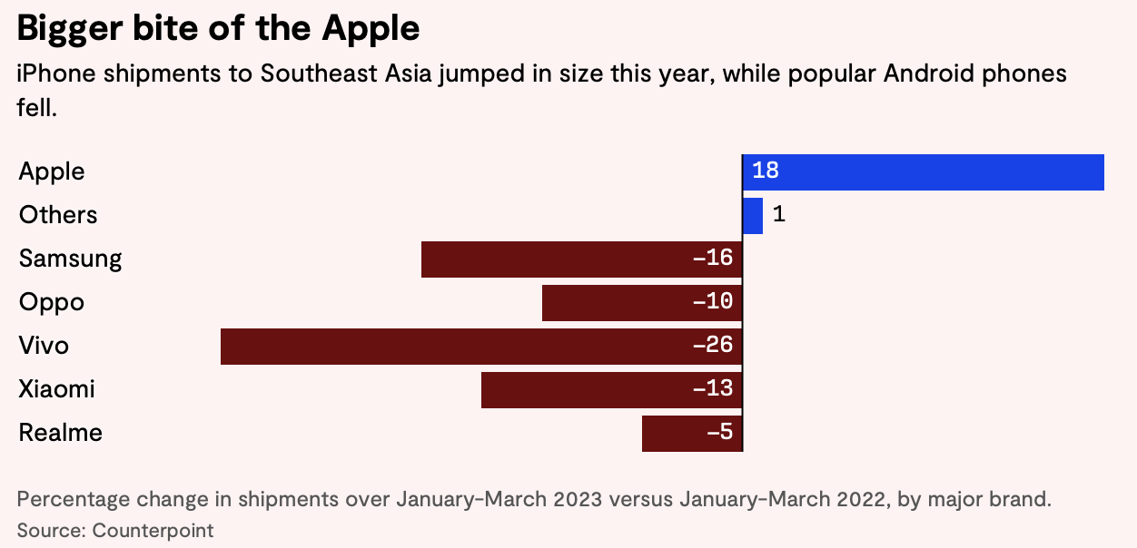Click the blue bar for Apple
(923, 172)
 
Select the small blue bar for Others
(753, 216)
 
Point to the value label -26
(712, 346)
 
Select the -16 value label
(712, 259)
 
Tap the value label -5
(719, 433)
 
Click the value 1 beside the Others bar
(778, 215)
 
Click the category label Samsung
(70, 259)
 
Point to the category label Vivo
(44, 346)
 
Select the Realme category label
(60, 433)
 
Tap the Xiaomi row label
(56, 389)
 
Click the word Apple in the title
(371, 29)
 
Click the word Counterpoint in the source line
(153, 530)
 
